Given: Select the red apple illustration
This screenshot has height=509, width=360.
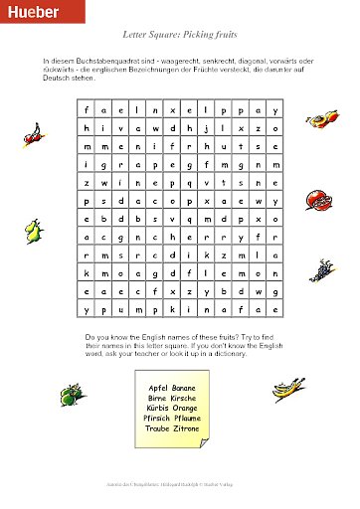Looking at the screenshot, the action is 317,198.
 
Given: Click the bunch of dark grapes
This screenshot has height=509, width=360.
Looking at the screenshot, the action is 320,267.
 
